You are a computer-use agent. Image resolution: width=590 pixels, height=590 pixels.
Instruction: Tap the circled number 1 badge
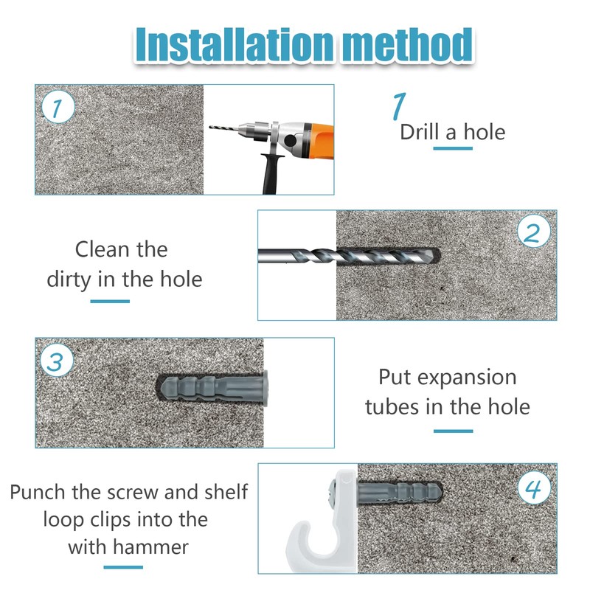[x=58, y=107]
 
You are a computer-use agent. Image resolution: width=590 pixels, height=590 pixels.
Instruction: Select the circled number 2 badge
[x=533, y=232]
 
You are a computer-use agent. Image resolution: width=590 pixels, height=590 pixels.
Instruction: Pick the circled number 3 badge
[x=58, y=360]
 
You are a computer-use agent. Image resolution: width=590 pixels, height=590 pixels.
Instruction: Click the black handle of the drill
[x=271, y=174]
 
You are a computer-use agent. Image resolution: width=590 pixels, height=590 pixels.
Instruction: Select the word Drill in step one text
[x=420, y=132]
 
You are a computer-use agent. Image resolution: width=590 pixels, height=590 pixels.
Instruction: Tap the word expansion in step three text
[x=467, y=377]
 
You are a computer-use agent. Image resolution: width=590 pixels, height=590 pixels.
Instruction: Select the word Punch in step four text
[x=38, y=492]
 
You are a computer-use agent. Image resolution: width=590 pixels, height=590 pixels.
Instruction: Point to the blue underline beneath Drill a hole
[x=453, y=148]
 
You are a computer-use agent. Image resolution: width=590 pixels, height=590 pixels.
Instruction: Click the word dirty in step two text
[x=69, y=280]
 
